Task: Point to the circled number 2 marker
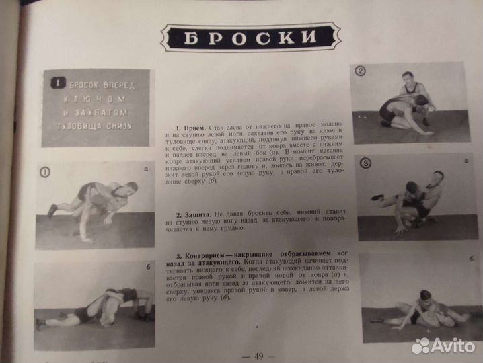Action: [x=361, y=71]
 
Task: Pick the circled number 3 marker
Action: [x=365, y=163]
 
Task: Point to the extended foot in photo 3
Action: [x=377, y=198]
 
